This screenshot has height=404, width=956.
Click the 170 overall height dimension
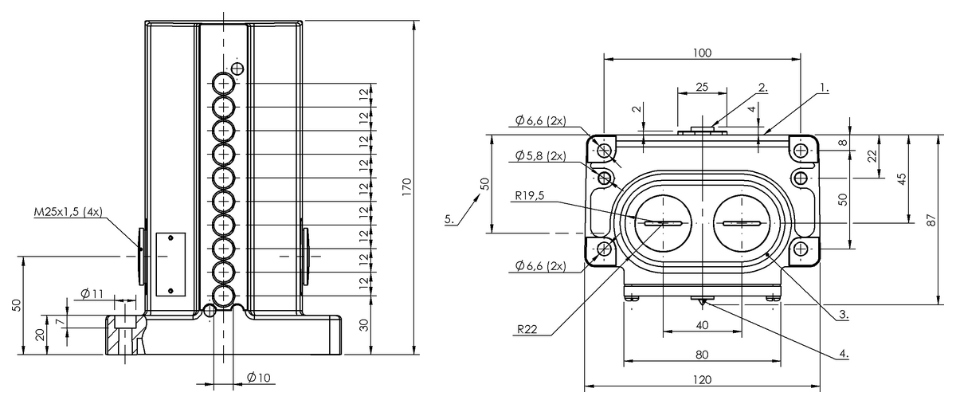[406, 186]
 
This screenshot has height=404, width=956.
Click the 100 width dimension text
[701, 53]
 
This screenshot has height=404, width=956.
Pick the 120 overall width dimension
[701, 380]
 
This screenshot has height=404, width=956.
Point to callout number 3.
[843, 315]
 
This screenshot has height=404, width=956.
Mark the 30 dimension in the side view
[364, 325]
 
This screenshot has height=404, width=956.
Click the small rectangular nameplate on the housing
[170, 263]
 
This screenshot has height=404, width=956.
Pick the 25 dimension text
[701, 86]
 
